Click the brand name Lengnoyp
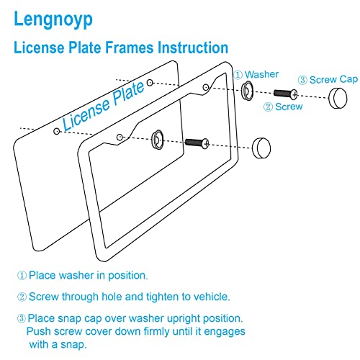coord(53,19)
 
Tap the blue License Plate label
coord(104,106)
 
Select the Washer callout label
coord(261,74)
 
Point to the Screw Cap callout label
coord(333,80)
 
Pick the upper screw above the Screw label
coord(286,94)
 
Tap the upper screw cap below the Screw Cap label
coord(338,99)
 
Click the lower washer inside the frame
coord(158,140)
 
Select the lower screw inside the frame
coord(197,143)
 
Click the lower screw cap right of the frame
coord(261,148)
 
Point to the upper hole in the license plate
coord(150,83)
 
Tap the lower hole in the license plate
coord(57,131)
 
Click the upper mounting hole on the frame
coord(206,87)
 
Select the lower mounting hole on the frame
coord(120,138)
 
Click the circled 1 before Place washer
coord(22,275)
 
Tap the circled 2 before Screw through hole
coord(22,297)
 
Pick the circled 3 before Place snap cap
coord(22,318)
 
